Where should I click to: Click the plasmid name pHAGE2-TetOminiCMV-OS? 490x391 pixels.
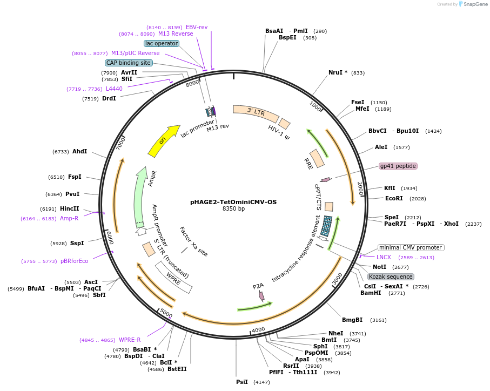233,202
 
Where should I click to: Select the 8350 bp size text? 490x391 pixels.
233,209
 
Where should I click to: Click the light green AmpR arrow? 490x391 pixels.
140,194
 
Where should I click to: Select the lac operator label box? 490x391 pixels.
162,43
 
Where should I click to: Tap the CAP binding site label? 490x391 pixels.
129,63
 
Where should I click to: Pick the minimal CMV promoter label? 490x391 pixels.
411,247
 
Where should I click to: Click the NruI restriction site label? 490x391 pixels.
338,72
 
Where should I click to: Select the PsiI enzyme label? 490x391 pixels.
242,382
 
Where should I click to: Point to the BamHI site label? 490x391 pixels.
371,293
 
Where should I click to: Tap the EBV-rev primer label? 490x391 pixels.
197,27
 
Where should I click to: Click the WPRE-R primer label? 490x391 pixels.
130,340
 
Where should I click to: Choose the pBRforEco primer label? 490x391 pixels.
74,261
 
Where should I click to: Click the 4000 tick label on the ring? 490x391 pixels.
258,329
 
